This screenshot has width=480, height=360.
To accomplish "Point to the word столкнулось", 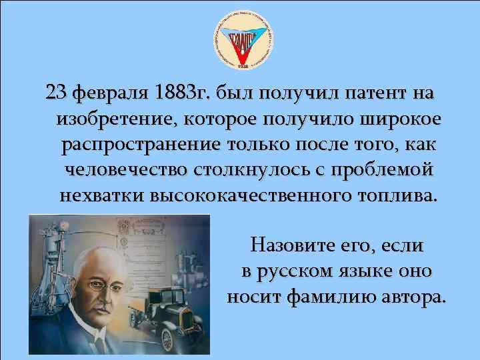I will tap(241, 169).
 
